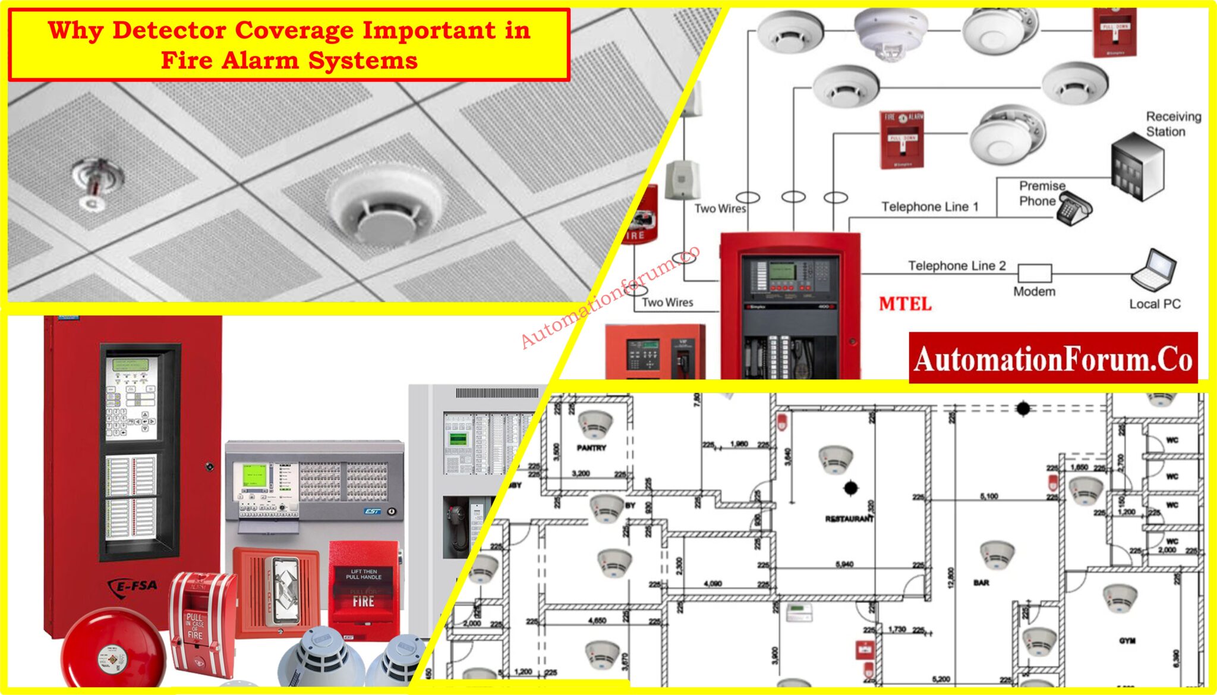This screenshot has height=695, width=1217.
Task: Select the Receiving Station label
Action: (x=1172, y=124)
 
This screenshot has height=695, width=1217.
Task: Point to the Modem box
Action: (x=1034, y=273)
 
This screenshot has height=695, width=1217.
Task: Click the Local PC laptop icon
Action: (x=1153, y=271)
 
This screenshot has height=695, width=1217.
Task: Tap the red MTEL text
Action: (x=904, y=304)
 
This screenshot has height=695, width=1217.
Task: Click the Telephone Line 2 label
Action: (x=956, y=265)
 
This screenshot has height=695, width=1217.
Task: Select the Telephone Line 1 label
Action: (x=929, y=206)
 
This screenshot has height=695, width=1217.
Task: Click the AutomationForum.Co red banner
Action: (x=1052, y=358)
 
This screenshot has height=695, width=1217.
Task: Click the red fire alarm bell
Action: (x=113, y=651)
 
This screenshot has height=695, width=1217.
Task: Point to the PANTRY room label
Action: (x=591, y=448)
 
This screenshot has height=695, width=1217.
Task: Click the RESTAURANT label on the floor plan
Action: (x=849, y=518)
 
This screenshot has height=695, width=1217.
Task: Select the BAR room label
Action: (x=981, y=583)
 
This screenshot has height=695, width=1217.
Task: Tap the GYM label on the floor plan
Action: (x=1127, y=640)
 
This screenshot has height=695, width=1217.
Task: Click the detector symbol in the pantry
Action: (x=595, y=423)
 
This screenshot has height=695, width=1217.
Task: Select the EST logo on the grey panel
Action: (x=372, y=511)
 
